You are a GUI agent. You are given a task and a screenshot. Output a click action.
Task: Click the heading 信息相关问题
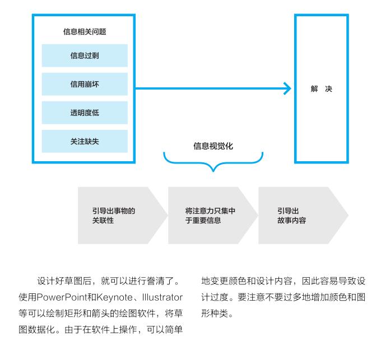coord(85,31)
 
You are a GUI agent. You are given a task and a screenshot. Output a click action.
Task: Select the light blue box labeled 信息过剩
coord(85,55)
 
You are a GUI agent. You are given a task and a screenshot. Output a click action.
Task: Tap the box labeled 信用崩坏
coord(85,84)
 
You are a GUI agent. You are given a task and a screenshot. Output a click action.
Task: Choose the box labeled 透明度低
coord(85,113)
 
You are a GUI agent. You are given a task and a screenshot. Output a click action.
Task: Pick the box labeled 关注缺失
coord(85,141)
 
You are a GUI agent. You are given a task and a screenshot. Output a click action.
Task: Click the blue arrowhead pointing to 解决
coord(287,88)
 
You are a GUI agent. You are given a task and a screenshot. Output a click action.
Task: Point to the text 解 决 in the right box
coord(321,89)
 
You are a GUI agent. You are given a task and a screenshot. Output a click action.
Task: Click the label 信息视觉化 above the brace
coord(213,146)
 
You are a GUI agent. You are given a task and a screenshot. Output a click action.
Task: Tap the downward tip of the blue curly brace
coord(213,171)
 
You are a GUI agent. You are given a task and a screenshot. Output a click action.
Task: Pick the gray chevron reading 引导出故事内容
coord(303,216)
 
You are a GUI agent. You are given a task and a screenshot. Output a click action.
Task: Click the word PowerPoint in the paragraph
coord(62,297)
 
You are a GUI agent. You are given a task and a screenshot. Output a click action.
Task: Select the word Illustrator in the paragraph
coord(162,297)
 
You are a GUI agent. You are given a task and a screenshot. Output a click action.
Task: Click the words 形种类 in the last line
coord(215,314)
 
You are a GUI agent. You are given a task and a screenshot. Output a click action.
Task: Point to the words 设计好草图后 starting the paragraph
coord(64,281)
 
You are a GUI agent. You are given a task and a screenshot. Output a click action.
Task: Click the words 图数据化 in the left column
coord(36,330)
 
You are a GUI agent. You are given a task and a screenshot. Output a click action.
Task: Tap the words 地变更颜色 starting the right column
coord(224,281)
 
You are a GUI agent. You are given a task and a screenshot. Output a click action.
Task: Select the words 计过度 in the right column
coord(215,297)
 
